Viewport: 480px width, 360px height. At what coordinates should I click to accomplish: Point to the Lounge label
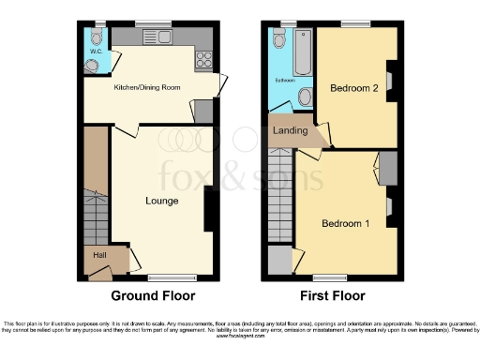(162, 200)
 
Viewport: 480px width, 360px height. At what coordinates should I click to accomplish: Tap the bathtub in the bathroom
(302, 55)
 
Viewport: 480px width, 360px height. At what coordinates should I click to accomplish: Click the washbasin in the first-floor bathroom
(305, 97)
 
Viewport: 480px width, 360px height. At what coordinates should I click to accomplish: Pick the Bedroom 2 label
(353, 89)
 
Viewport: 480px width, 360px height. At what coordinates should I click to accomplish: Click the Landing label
(290, 130)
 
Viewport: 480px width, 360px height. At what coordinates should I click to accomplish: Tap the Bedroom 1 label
(346, 223)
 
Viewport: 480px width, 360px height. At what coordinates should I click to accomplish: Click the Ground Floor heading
(154, 295)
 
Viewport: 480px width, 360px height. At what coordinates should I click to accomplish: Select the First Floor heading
(333, 295)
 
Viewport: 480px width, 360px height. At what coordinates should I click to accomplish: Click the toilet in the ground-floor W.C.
(90, 65)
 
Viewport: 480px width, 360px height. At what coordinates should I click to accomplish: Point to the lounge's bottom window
(165, 276)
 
